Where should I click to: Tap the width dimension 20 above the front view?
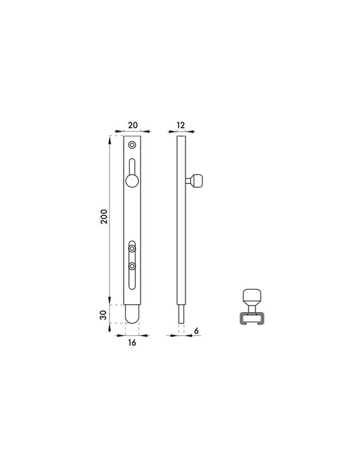click(x=132, y=125)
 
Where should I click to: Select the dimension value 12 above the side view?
click(x=181, y=125)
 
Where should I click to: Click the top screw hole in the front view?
click(x=132, y=145)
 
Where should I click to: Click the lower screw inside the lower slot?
click(x=132, y=266)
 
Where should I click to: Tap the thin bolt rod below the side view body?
click(x=181, y=316)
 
